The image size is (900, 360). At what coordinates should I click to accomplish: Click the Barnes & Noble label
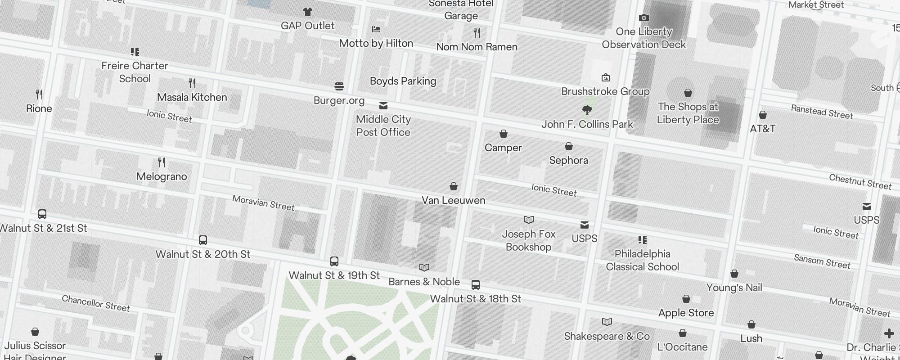coord(424,282)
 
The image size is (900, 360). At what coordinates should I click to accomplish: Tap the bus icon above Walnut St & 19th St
coord(334,261)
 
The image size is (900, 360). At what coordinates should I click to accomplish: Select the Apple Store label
coord(686,313)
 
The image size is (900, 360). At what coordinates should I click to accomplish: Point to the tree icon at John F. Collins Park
coord(587,110)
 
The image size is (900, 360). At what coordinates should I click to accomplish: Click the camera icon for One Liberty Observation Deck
coord(644,18)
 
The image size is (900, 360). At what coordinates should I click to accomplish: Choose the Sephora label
coord(568,160)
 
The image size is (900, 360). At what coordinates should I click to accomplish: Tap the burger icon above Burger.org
coord(339,86)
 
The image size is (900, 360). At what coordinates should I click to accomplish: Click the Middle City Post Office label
coord(383,126)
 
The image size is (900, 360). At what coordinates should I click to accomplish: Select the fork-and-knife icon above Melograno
coord(162,162)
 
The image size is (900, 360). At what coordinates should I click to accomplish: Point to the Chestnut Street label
coord(860,182)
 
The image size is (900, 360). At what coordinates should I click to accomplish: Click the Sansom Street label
coord(822,261)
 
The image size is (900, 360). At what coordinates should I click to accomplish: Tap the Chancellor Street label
coord(95,303)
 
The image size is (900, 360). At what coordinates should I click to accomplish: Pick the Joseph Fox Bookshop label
coord(528,240)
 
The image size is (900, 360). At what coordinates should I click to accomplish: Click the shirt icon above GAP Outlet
coord(307,12)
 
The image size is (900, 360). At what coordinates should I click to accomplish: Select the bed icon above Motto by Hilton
coord(376,29)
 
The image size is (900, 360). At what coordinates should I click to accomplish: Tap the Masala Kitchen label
coord(192,97)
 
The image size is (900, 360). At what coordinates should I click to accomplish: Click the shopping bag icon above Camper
coord(504,134)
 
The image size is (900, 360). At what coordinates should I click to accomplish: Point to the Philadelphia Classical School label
coord(642,260)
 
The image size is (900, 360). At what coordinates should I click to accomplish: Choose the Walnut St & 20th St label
coord(202,254)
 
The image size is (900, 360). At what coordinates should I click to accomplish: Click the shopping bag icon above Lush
coord(751,324)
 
